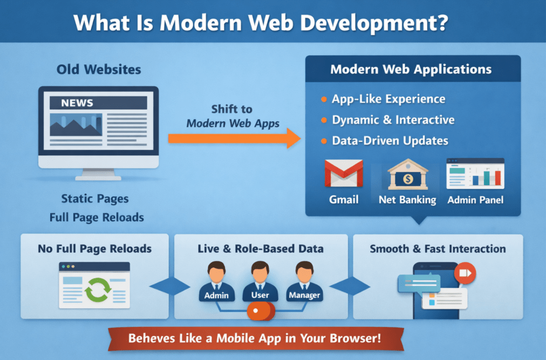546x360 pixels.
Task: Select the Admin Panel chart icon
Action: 475,174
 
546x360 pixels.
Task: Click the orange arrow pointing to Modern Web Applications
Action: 234,138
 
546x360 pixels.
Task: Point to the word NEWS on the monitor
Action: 77,103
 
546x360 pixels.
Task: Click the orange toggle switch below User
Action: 261,311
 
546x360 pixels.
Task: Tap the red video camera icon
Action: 465,274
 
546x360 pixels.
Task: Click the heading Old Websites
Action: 99,70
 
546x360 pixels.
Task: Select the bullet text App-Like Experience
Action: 388,99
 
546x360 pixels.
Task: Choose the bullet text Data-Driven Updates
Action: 390,141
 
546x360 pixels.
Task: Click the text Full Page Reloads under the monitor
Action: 97,218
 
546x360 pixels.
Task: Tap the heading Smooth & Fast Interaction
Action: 438,249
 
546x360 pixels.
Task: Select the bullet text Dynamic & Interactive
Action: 393,120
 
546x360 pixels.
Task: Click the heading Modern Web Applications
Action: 411,70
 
